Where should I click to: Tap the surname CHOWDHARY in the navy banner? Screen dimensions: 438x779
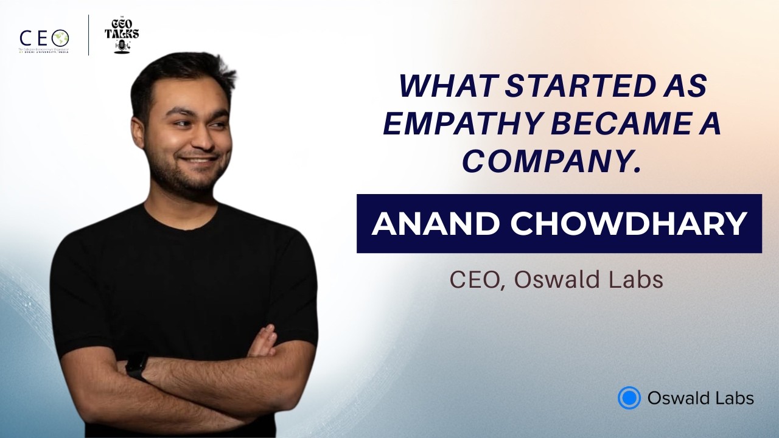tap(628, 224)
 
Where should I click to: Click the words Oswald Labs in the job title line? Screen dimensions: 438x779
tap(588, 280)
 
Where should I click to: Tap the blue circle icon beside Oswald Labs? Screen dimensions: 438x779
tap(629, 398)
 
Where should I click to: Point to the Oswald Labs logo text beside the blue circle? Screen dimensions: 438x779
tap(700, 398)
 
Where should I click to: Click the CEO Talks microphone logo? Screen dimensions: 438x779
tap(122, 35)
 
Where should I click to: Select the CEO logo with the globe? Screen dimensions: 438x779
tap(44, 38)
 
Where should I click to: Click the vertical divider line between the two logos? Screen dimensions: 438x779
tap(89, 35)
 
